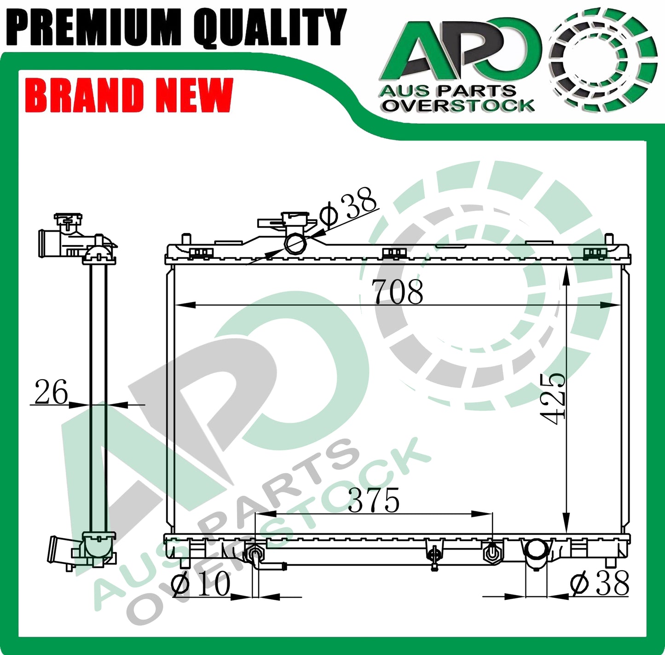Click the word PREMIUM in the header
94,28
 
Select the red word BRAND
84,95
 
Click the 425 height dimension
554,399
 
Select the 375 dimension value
374,500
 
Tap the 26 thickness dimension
51,392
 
